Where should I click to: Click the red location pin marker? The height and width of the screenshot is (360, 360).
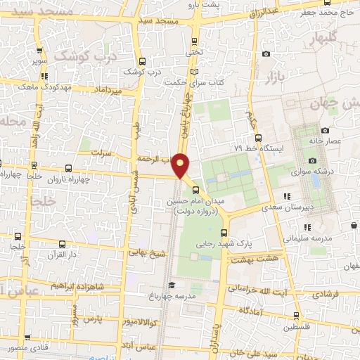tap(181, 165)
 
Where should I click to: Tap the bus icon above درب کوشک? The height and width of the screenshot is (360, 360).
tap(143, 61)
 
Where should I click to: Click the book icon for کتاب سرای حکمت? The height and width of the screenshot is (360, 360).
tap(194, 72)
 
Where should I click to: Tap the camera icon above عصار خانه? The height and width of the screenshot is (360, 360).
tap(325, 130)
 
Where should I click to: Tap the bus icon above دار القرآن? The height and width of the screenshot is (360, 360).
tap(63, 244)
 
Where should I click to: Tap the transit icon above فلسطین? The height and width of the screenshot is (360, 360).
tap(297, 316)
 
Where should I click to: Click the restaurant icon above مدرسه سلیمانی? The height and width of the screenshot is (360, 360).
tap(307, 227)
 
